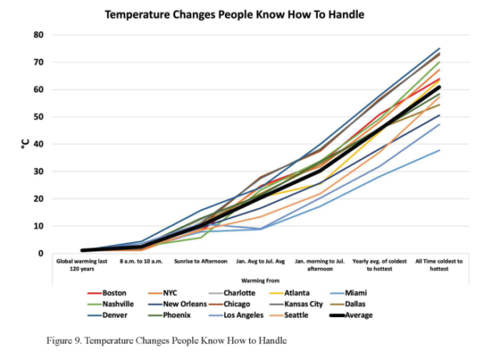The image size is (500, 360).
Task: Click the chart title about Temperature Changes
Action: point(234,14)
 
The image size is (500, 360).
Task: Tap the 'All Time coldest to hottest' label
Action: point(437,264)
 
